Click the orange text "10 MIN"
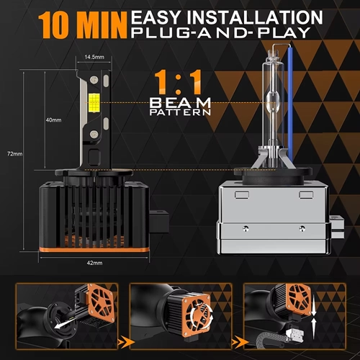82,25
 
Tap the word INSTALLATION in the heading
255,17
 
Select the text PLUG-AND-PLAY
221,33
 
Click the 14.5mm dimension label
94,57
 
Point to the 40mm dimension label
53,120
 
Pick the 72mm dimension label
14,154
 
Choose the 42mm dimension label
94,263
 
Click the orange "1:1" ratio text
178,82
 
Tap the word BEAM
180,103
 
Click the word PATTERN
180,112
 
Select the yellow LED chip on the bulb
94,102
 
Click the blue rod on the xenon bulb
291,102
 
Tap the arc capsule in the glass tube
273,100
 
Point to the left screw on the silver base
246,228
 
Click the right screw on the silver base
302,228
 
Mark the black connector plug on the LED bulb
159,221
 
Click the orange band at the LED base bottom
94,250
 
